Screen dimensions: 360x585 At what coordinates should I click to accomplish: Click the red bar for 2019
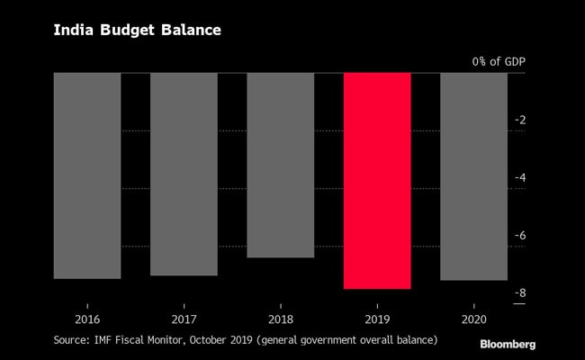point(377,180)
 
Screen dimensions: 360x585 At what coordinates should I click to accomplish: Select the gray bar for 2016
point(87,175)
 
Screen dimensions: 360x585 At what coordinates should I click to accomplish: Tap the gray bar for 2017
point(184,174)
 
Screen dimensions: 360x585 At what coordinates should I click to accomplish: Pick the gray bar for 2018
point(280,165)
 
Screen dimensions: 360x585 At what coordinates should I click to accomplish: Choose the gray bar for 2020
point(473,176)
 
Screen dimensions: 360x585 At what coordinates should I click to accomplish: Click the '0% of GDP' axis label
point(499,61)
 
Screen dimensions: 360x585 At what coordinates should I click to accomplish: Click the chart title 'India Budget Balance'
point(137,31)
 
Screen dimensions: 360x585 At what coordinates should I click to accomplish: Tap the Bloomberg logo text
point(508,344)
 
